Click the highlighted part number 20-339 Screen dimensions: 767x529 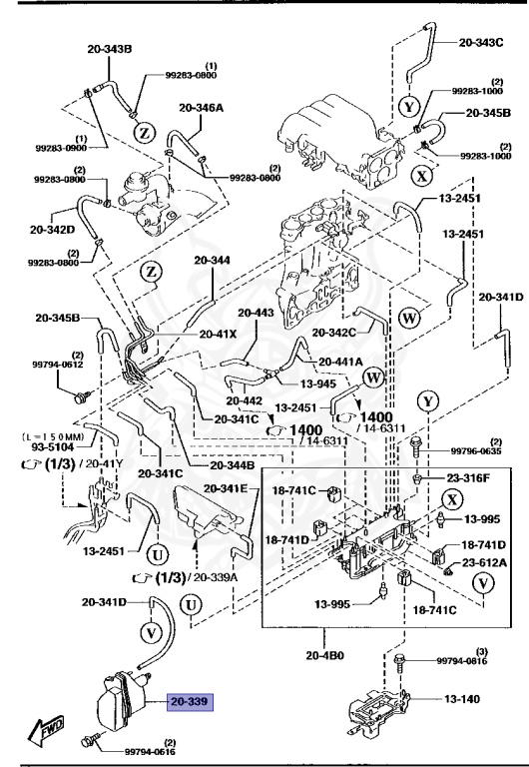tap(190, 703)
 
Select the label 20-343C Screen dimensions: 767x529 tap(482, 44)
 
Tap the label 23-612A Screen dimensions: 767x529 tap(484, 563)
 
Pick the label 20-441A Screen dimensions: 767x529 tap(340, 362)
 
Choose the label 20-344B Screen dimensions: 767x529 tap(233, 466)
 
